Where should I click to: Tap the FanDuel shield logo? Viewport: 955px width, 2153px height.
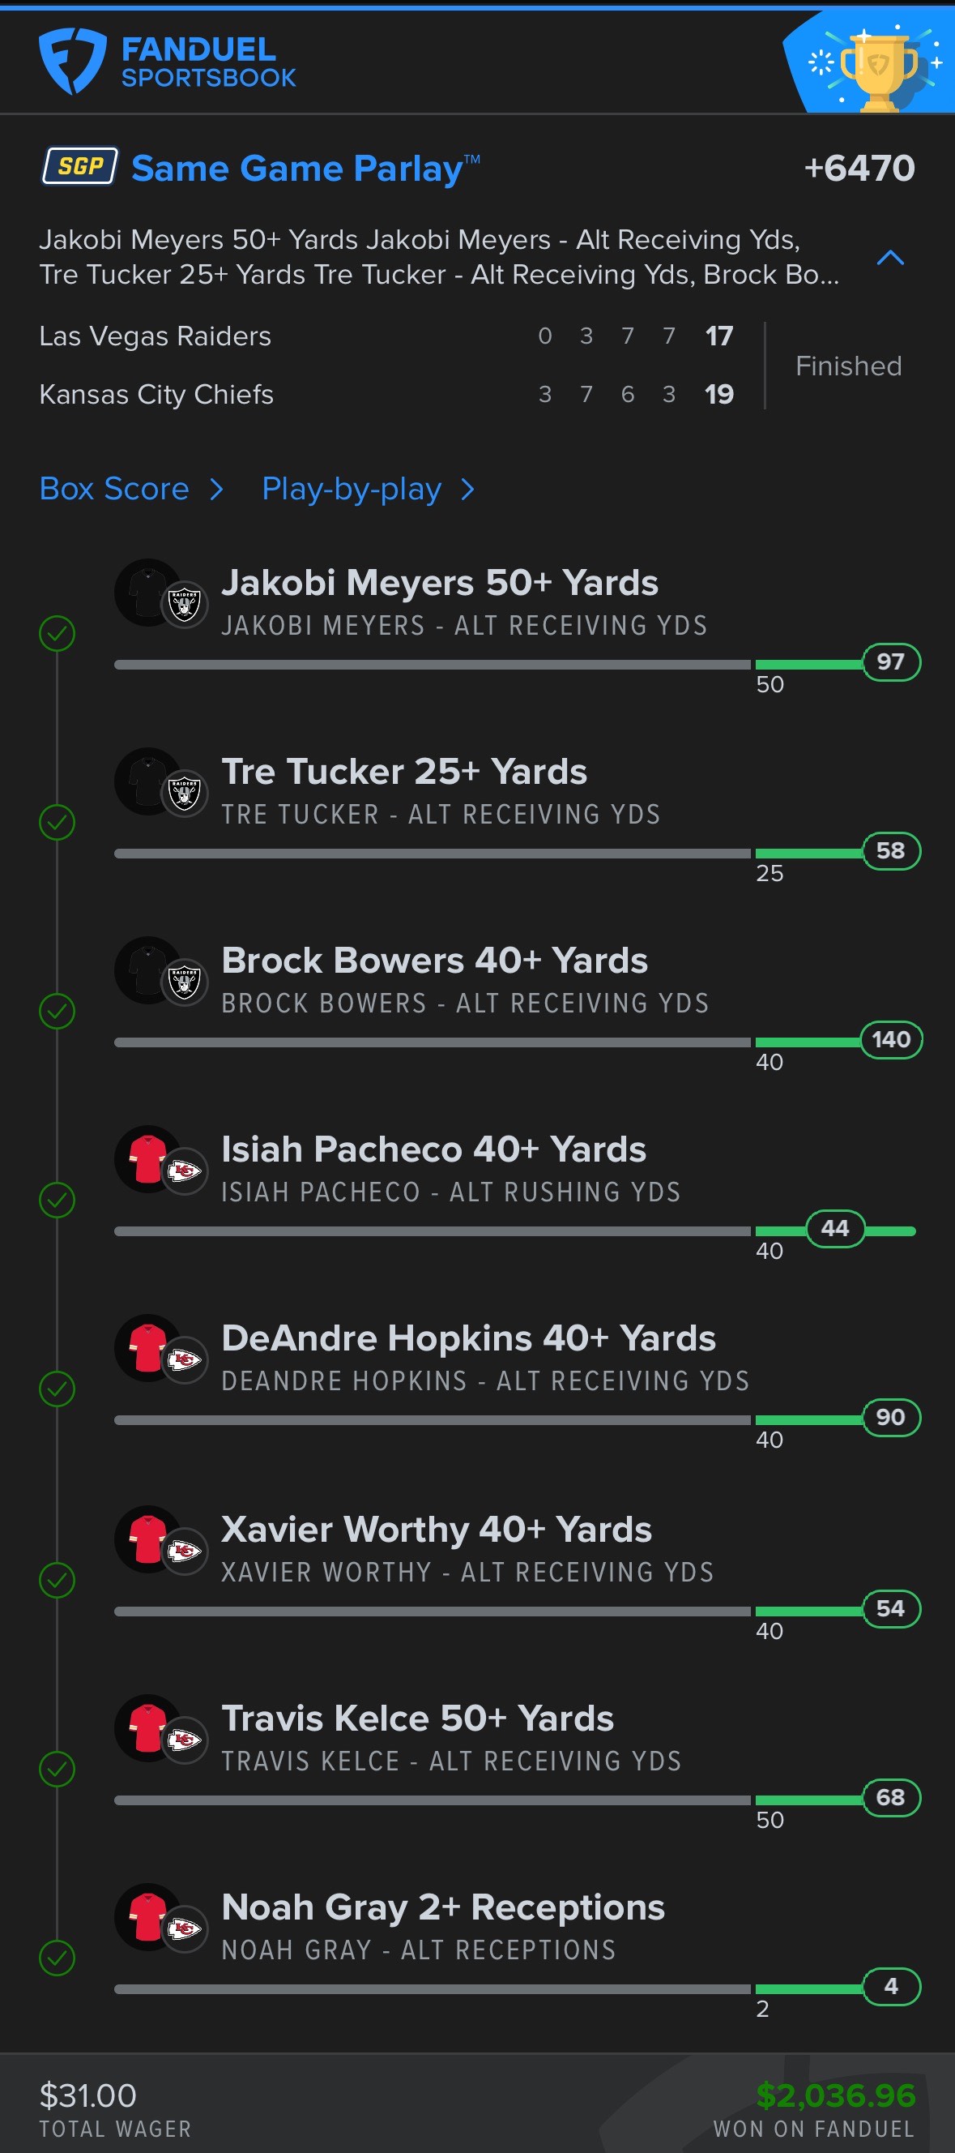[x=72, y=61]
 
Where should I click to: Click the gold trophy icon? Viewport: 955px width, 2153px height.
[x=877, y=70]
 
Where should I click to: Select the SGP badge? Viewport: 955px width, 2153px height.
[x=80, y=166]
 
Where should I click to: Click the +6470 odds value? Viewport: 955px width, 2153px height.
[x=859, y=168]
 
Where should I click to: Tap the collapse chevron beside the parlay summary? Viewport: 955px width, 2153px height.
[x=890, y=258]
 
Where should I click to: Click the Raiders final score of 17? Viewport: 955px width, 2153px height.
[x=718, y=336]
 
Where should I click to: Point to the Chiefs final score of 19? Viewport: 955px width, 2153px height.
[x=718, y=395]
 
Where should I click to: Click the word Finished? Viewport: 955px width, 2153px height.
[x=848, y=366]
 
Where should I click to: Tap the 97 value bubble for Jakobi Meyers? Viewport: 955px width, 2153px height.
[x=891, y=662]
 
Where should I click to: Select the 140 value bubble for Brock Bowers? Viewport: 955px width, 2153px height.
[x=891, y=1040]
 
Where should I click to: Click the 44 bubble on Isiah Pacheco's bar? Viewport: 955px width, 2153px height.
[x=834, y=1229]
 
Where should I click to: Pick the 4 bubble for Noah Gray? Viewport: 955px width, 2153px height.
[x=891, y=1986]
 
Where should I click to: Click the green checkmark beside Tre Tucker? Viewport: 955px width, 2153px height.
[x=57, y=823]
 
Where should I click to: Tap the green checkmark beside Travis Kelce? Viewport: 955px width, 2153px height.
[x=57, y=1769]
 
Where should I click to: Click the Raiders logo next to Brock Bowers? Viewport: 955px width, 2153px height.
[x=184, y=982]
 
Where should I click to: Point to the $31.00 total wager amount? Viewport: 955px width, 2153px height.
[x=87, y=2095]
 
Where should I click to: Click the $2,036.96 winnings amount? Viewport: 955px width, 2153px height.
[x=834, y=2095]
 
